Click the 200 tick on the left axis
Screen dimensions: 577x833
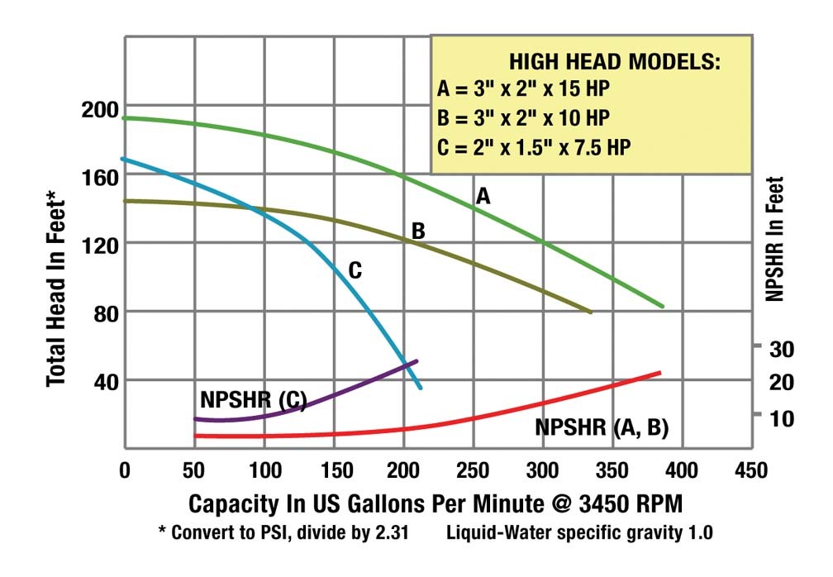(99, 108)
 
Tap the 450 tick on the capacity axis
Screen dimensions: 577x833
(750, 470)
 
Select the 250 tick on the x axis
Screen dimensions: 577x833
(472, 470)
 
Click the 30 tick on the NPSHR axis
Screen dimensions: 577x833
(782, 348)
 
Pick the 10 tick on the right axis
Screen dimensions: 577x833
(782, 417)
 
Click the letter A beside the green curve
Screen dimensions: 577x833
(483, 196)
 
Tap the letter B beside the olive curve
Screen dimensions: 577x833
(418, 231)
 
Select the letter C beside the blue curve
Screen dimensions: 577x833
(355, 269)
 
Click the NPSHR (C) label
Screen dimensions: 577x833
(252, 401)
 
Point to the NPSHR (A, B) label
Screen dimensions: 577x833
(602, 427)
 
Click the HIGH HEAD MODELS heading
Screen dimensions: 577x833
(614, 62)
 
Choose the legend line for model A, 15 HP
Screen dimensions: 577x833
(522, 88)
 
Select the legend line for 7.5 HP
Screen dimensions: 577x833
(537, 148)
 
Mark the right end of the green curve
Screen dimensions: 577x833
(662, 307)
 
